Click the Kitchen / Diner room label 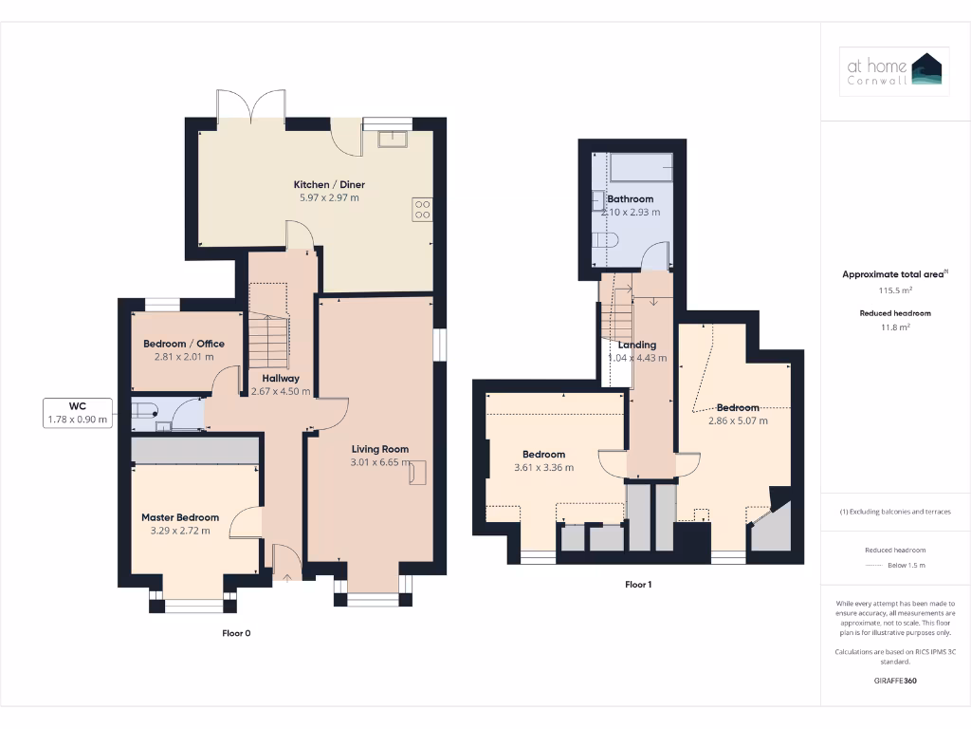(329, 184)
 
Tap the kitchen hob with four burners (422, 209)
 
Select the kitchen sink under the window (392, 140)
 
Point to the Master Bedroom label (180, 517)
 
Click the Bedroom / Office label (184, 344)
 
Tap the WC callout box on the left (78, 411)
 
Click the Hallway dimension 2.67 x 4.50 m (281, 391)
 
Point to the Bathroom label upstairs (631, 199)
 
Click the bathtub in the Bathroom (642, 167)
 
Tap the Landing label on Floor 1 (636, 345)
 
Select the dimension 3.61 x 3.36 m (543, 467)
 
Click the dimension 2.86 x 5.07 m (738, 421)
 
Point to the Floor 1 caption (638, 585)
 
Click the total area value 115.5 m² (895, 290)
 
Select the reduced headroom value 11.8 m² (895, 327)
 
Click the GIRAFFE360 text (895, 681)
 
